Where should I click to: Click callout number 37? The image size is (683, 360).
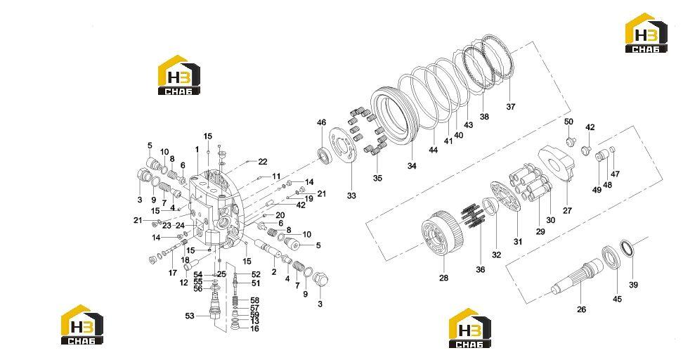pyautogui.click(x=511, y=106)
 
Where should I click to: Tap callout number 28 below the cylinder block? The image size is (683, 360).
pyautogui.click(x=443, y=278)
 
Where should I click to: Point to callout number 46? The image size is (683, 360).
pyautogui.click(x=321, y=123)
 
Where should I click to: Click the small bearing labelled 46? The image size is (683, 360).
pyautogui.click(x=323, y=156)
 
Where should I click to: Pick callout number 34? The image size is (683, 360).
pyautogui.click(x=412, y=166)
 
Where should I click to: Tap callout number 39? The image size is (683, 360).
pyautogui.click(x=633, y=285)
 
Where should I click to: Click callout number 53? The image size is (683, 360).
pyautogui.click(x=190, y=316)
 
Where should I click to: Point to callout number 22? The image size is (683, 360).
pyautogui.click(x=263, y=162)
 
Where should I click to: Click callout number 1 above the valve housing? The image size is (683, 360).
pyautogui.click(x=197, y=150)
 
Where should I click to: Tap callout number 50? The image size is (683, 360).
pyautogui.click(x=569, y=122)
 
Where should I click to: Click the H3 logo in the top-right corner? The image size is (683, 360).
pyautogui.click(x=646, y=33)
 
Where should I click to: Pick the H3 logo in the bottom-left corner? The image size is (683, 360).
pyautogui.click(x=82, y=325)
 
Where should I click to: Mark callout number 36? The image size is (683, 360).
pyautogui.click(x=480, y=270)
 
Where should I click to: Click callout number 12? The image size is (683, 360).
pyautogui.click(x=184, y=283)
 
